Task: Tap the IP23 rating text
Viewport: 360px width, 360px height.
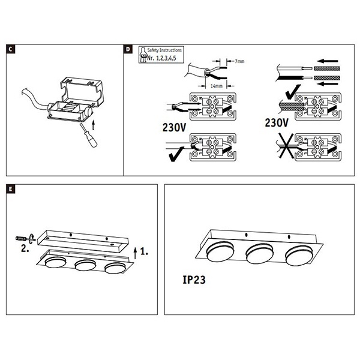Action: [196, 279]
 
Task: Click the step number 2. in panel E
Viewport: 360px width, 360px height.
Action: [24, 247]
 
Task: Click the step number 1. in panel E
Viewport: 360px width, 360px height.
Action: [147, 247]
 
